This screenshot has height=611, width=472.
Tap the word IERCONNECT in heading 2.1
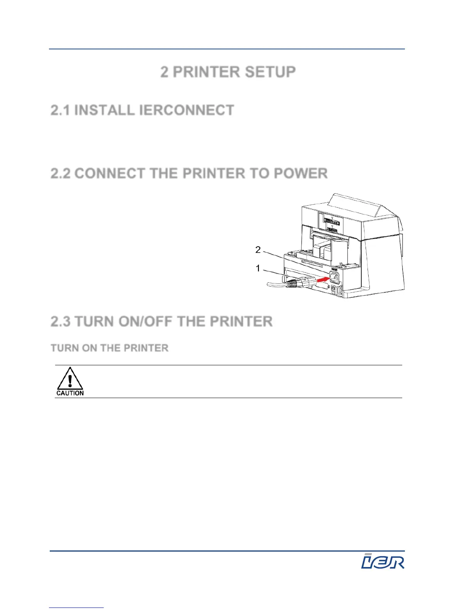click(186, 110)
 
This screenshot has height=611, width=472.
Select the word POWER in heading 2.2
click(301, 174)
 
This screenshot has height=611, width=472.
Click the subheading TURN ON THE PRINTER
click(110, 348)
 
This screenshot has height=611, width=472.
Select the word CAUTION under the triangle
click(70, 393)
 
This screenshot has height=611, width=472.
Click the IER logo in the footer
click(383, 561)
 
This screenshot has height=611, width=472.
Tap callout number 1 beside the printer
click(258, 268)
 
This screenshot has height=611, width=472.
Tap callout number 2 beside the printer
click(258, 250)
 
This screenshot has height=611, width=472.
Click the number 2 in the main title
click(165, 72)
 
